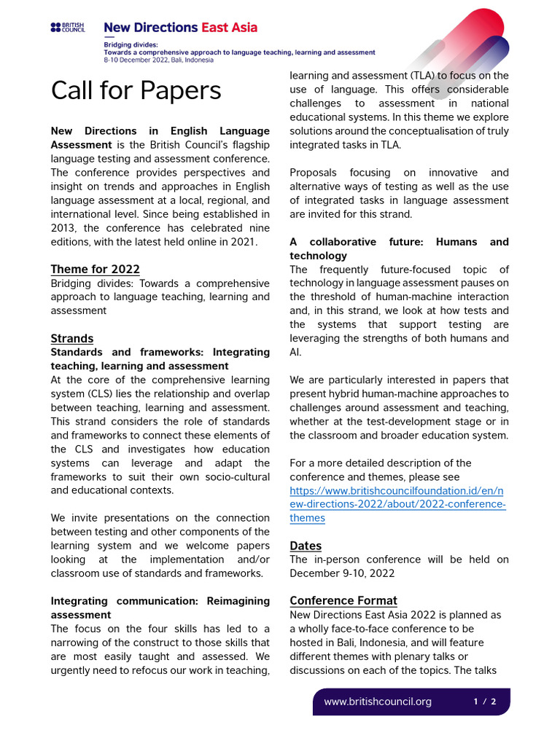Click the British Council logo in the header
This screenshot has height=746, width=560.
tap(68, 28)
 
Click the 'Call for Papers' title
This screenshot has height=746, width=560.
tap(136, 90)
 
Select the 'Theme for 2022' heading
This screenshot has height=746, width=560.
tap(95, 269)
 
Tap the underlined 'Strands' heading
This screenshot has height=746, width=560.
tap(72, 338)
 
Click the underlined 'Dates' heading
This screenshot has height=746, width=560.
tap(306, 546)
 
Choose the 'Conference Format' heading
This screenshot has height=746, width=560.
tap(343, 600)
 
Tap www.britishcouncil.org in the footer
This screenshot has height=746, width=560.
tap(378, 702)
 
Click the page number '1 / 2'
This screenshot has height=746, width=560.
tap(485, 702)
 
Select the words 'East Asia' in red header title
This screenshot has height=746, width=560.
tap(228, 28)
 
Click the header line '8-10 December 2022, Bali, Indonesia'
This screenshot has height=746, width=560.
tap(159, 60)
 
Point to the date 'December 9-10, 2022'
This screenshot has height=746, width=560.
tap(342, 573)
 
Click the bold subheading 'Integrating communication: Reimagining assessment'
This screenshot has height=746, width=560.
tap(160, 608)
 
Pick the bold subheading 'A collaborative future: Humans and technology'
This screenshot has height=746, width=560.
tap(399, 248)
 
